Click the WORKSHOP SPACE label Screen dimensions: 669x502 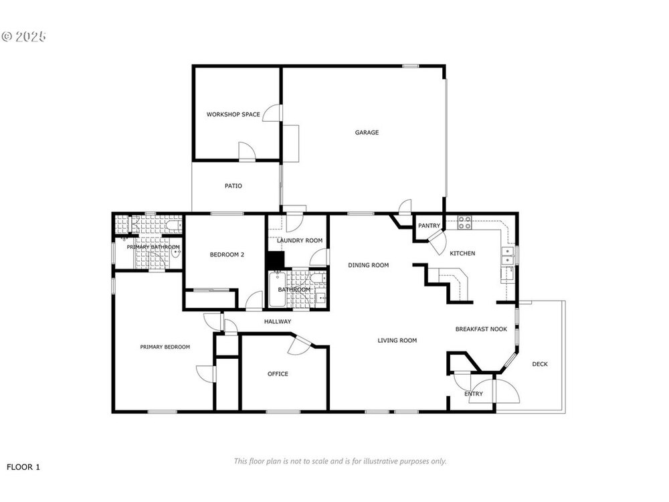pyautogui.click(x=233, y=114)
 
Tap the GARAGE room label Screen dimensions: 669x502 pyautogui.click(x=367, y=133)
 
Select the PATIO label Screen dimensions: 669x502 pyautogui.click(x=233, y=185)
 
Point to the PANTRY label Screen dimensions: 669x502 pyautogui.click(x=429, y=226)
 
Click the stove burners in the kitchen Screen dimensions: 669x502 pyautogui.click(x=464, y=222)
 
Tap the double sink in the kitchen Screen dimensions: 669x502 pyautogui.click(x=507, y=255)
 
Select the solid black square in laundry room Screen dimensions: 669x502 pyautogui.click(x=275, y=260)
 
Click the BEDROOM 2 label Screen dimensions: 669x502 pyautogui.click(x=227, y=255)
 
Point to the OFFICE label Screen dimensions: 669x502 pyautogui.click(x=278, y=374)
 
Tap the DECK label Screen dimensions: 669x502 pyautogui.click(x=540, y=364)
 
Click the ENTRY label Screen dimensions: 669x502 pyautogui.click(x=474, y=394)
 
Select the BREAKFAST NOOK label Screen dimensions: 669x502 pyautogui.click(x=481, y=329)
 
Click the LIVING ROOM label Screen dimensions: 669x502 pyautogui.click(x=397, y=340)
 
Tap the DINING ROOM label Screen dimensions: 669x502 pyautogui.click(x=368, y=265)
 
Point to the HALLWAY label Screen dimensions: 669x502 pyautogui.click(x=278, y=321)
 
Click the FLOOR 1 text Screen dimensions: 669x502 pyautogui.click(x=23, y=467)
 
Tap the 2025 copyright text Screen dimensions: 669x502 pyautogui.click(x=23, y=37)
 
